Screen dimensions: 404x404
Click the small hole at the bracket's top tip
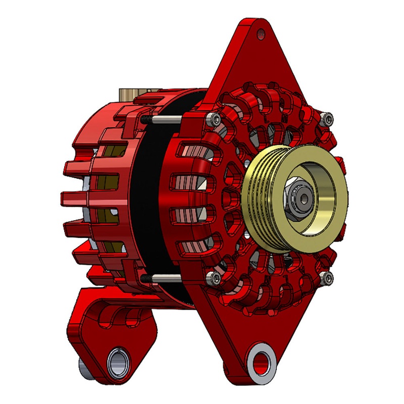(x=261, y=34)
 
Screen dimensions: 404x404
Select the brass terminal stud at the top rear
(x=126, y=94)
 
